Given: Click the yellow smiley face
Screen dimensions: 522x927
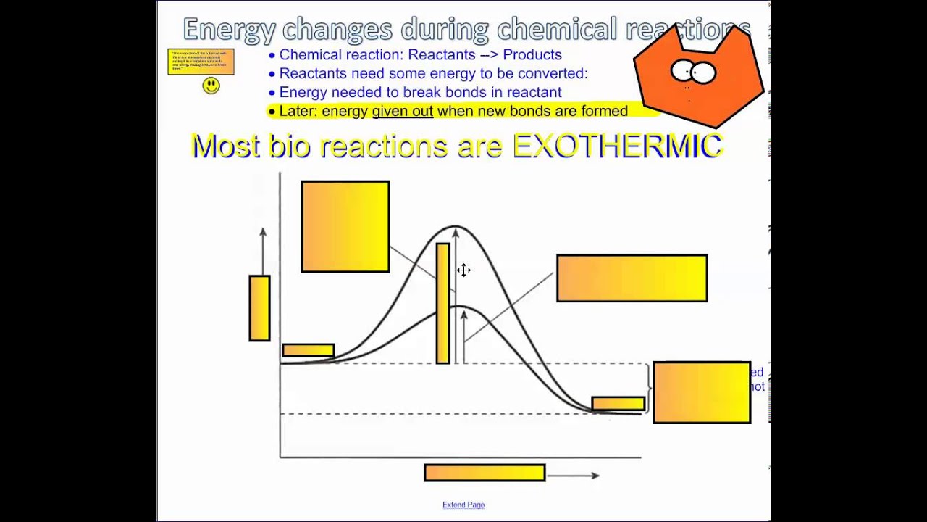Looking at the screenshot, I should (211, 86).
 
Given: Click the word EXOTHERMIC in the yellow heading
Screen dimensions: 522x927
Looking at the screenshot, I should (618, 146).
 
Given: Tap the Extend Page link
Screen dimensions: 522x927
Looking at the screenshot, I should (463, 505).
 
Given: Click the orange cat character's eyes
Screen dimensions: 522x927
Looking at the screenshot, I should (693, 72).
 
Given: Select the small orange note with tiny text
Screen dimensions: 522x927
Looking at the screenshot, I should (201, 62).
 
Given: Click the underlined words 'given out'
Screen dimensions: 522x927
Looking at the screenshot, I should (402, 111).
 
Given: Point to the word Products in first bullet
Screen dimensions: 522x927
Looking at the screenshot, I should (532, 54).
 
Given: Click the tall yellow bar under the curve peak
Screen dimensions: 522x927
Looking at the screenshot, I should (442, 303).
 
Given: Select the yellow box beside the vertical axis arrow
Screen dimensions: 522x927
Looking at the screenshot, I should (259, 308).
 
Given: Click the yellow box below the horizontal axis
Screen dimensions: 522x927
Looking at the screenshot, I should (485, 473).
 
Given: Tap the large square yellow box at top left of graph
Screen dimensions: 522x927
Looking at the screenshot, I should (345, 227).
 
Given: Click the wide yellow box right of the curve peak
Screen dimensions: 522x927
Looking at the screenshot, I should (632, 278).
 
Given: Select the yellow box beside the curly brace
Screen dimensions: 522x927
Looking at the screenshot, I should (701, 392).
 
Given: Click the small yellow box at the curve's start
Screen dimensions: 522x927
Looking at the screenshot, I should (308, 350).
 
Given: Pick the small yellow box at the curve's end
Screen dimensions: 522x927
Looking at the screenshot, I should (618, 403).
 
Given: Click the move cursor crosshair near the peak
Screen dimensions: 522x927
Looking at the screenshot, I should (463, 270).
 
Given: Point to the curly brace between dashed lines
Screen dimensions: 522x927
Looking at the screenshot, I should (647, 389).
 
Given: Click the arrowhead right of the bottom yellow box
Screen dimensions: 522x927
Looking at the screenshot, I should (595, 476).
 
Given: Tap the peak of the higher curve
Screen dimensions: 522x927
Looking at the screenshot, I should (454, 226).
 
